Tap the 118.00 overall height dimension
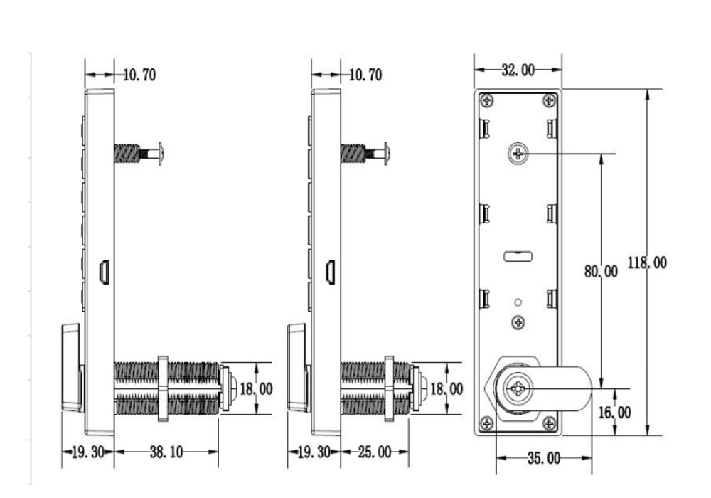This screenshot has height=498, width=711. [647, 263]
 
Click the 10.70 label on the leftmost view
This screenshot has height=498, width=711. [139, 75]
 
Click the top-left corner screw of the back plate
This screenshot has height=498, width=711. [486, 100]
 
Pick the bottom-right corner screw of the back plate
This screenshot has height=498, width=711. [549, 424]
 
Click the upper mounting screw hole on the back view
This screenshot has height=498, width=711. [518, 153]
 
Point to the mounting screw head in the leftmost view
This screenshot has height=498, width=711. [161, 153]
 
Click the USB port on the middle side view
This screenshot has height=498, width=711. [330, 272]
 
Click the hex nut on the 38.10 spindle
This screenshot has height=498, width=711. [162, 388]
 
